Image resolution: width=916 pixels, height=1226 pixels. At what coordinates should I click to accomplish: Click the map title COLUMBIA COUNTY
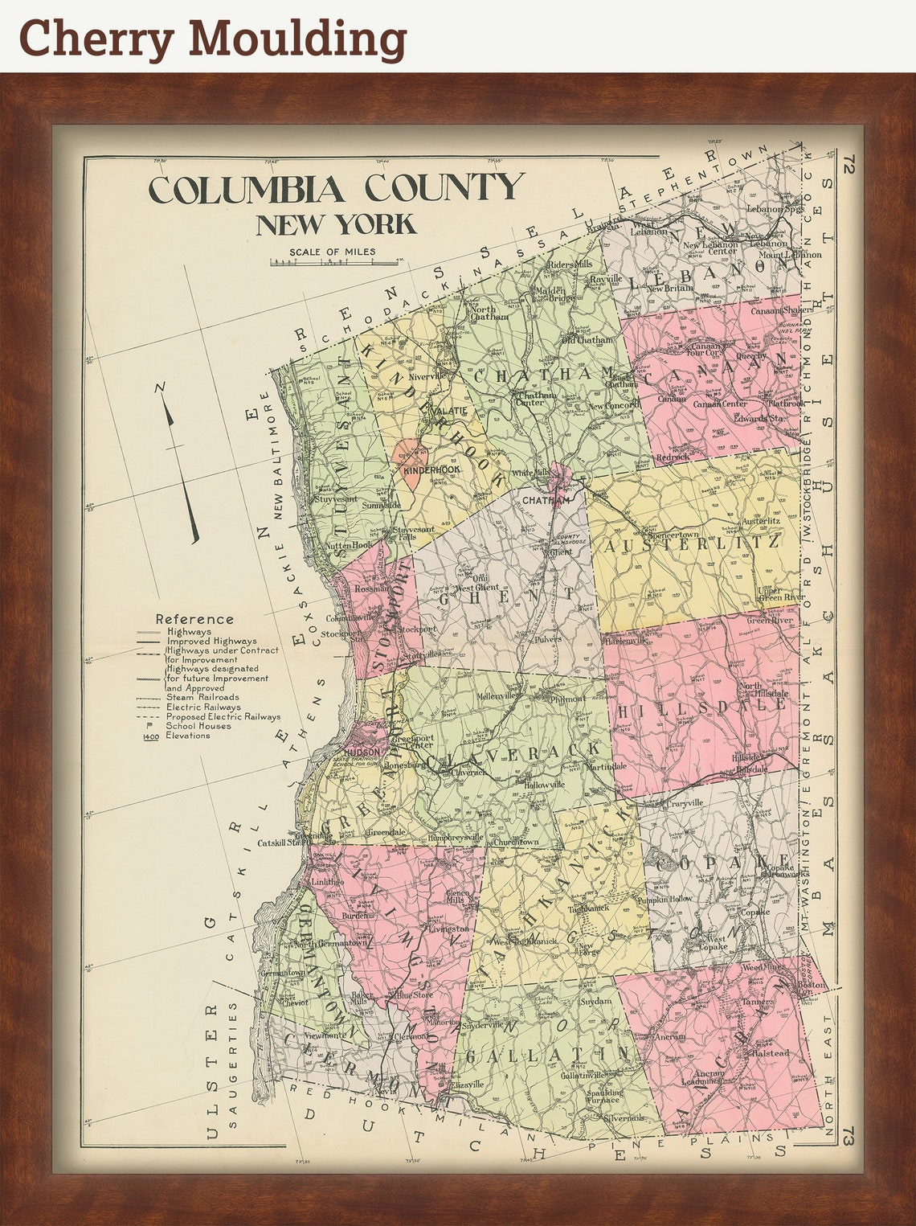(x=336, y=190)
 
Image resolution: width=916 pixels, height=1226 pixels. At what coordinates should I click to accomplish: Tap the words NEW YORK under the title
(x=336, y=224)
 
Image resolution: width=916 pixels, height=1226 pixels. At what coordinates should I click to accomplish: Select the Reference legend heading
(x=194, y=619)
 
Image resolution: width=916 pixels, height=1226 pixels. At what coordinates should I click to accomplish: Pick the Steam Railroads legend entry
(x=202, y=698)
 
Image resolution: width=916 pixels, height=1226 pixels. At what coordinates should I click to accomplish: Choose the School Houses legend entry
(x=198, y=726)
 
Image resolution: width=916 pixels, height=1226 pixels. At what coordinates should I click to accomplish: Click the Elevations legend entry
(x=187, y=736)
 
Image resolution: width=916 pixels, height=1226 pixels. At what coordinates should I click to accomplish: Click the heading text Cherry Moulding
(x=212, y=38)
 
